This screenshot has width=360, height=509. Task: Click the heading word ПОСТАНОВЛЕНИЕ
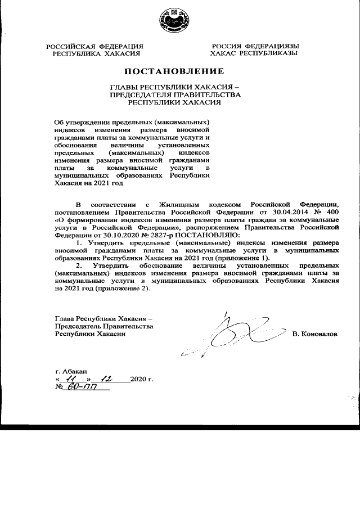tap(181, 71)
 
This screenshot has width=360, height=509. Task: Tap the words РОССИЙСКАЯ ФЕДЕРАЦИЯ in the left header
tap(94, 46)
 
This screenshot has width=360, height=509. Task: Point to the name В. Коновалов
tap(316, 334)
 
